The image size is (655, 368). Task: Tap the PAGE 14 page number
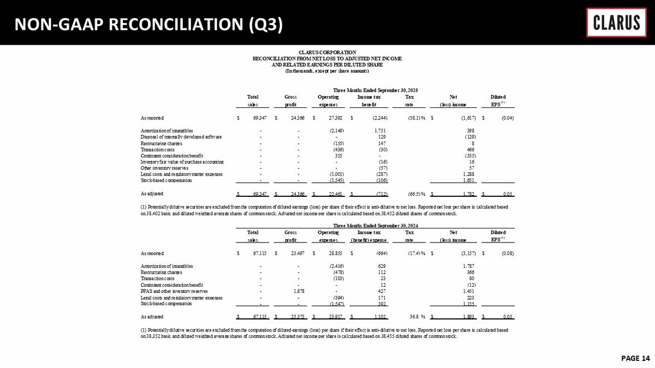point(635,358)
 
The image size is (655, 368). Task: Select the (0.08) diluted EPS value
point(505,254)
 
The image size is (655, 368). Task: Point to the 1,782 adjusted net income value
point(468,193)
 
